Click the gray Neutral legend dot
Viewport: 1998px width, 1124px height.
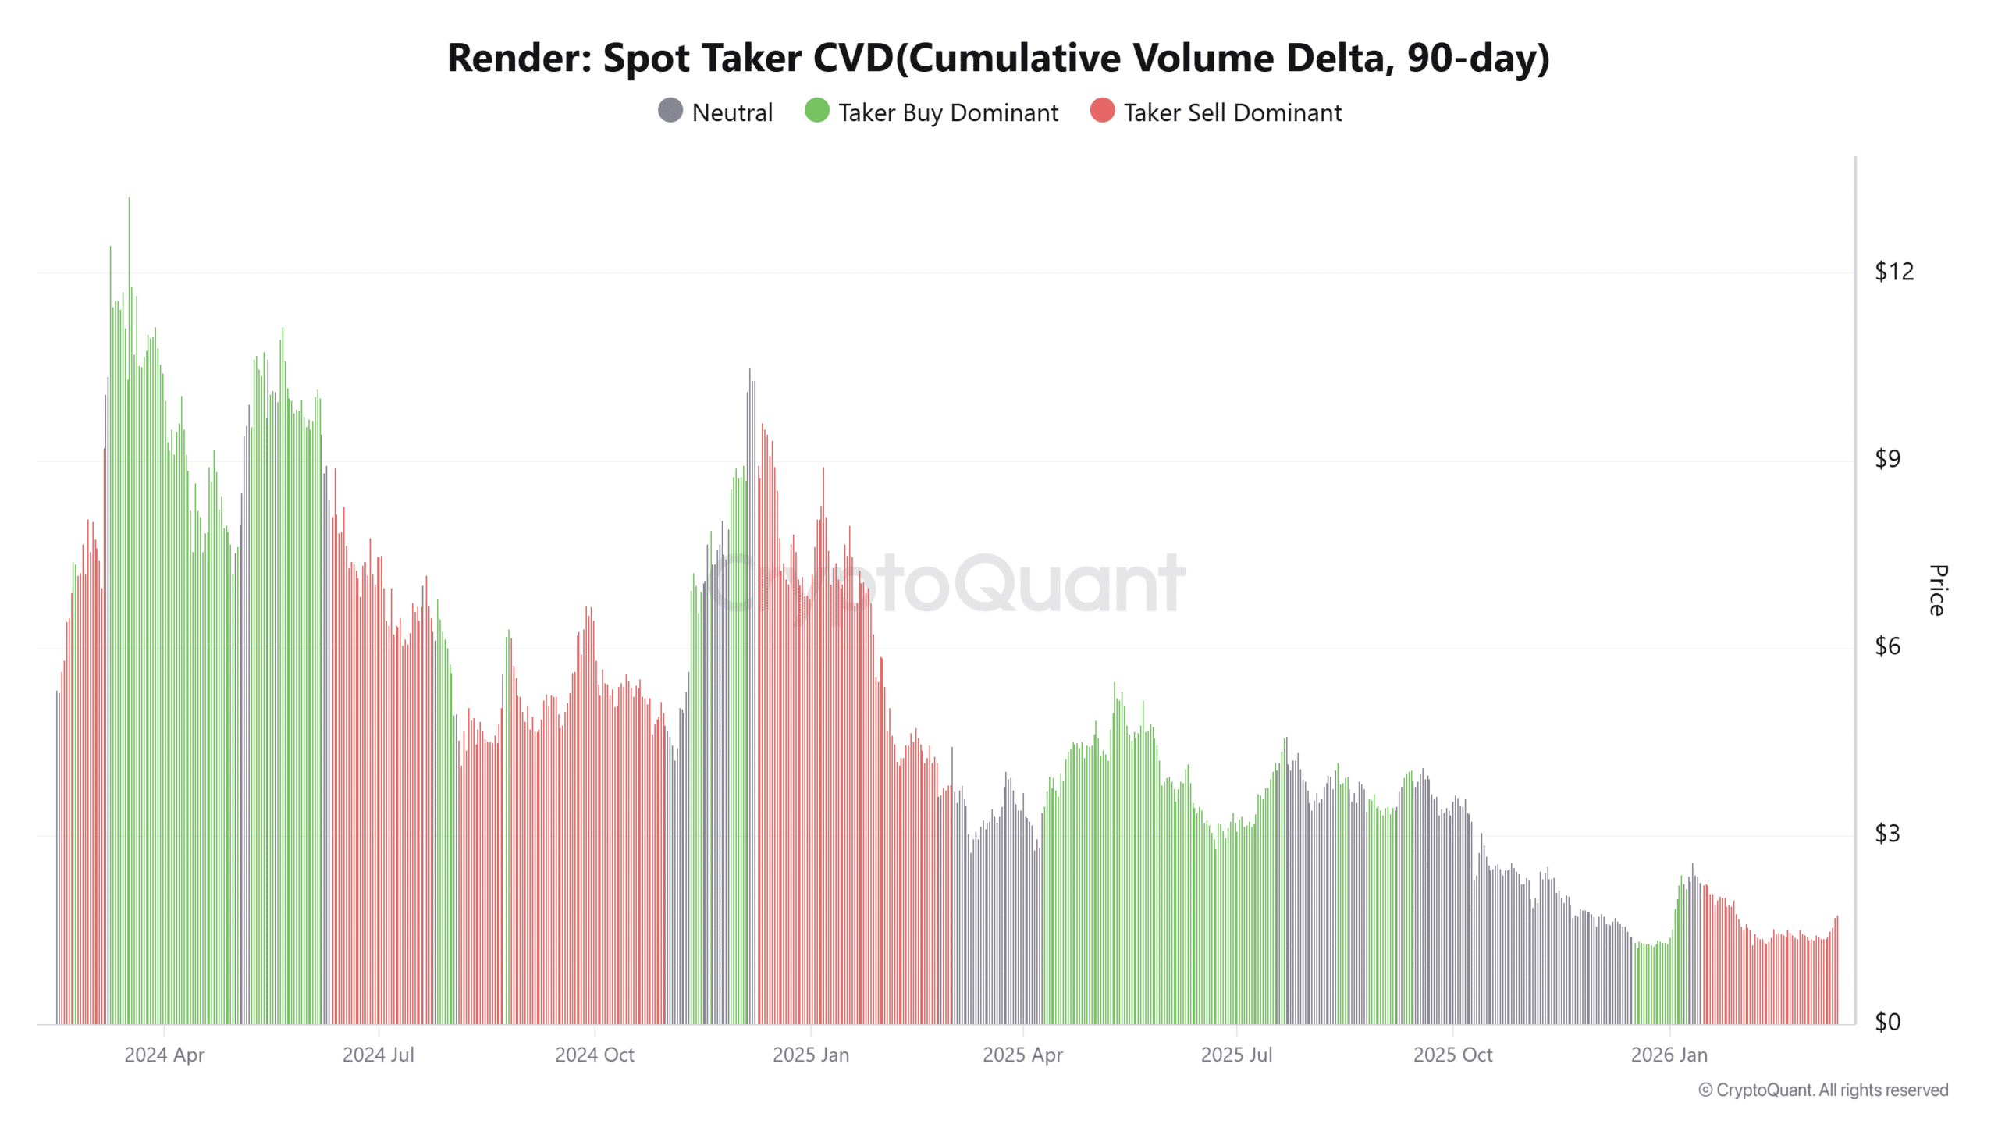coord(670,111)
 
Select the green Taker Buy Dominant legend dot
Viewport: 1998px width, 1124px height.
coord(816,111)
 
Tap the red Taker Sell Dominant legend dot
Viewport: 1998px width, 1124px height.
coord(1102,111)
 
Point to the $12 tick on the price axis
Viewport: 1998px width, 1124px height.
coord(1894,272)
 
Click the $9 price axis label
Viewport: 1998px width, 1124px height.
coord(1888,459)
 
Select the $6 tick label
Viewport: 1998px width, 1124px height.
coord(1888,646)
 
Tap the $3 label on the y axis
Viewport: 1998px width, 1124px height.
coord(1888,834)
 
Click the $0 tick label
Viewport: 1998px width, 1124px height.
coord(1888,1022)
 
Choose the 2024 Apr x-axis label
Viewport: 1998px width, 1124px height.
coord(164,1055)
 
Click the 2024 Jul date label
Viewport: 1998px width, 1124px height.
coord(379,1055)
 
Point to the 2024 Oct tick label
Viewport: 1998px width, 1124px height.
coord(595,1055)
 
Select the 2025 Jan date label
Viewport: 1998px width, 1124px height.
coord(811,1055)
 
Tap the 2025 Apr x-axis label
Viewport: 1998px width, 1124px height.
coord(1022,1055)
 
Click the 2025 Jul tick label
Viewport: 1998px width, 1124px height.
coord(1236,1055)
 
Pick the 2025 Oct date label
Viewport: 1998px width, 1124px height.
coord(1452,1055)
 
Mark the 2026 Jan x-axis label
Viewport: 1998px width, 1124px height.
coord(1669,1055)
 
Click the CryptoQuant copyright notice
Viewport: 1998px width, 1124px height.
coord(1823,1090)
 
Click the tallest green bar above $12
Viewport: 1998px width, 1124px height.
coord(130,234)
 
